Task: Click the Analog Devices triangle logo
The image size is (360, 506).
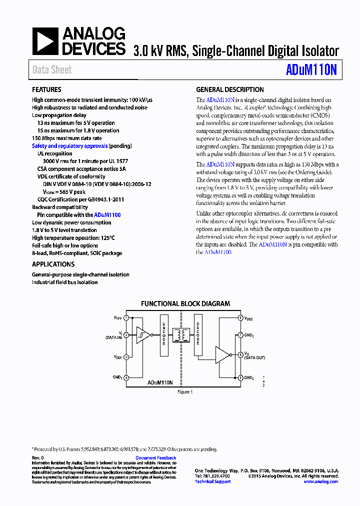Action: coord(45,41)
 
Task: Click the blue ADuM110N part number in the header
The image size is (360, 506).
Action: coord(311,70)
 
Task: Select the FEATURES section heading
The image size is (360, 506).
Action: coord(47,89)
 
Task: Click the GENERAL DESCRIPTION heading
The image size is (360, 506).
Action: coord(230,89)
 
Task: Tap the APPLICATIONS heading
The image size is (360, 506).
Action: coord(53,264)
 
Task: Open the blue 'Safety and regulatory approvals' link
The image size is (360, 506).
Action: coord(70,146)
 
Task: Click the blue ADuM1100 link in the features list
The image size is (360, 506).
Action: coord(107,214)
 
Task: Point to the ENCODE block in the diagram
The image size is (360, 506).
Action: coord(164,335)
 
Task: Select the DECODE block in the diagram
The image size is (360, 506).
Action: coord(198,335)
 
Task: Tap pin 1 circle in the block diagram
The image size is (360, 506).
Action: coord(126,318)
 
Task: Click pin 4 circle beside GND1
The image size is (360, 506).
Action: coord(126,377)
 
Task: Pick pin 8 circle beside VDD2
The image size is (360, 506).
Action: coord(240,318)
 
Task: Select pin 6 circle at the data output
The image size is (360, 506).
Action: coord(240,354)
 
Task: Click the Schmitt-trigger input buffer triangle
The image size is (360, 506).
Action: coord(144,335)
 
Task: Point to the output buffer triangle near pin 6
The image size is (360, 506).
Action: coord(223,354)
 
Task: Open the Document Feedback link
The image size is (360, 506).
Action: coord(156,458)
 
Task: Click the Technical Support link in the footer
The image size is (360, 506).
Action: coord(212,481)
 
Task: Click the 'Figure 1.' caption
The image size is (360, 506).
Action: coord(184,392)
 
